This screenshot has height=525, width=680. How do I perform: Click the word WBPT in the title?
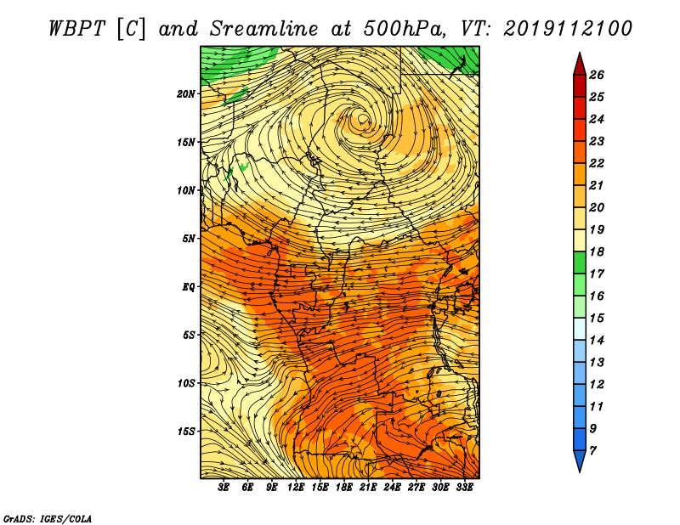click(x=76, y=28)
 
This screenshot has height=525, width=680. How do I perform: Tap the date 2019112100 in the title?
click(x=568, y=28)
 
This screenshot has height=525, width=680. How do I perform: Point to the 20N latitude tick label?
click(x=186, y=93)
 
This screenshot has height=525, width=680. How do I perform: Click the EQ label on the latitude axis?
click(x=188, y=286)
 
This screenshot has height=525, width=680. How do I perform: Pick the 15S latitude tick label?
click(x=186, y=432)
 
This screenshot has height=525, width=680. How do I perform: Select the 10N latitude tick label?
click(x=186, y=190)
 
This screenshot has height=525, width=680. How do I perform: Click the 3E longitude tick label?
click(x=224, y=488)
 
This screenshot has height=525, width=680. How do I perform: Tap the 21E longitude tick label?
click(x=368, y=488)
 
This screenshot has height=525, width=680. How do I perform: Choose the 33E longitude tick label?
click(x=464, y=488)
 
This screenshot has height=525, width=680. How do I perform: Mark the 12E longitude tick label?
click(x=296, y=488)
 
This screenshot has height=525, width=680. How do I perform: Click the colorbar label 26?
click(x=597, y=75)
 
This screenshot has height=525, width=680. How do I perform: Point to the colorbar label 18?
click(x=597, y=251)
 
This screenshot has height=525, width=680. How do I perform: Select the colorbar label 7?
click(x=592, y=451)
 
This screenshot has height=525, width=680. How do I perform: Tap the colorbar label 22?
click(x=597, y=163)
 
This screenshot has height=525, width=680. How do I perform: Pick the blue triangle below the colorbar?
click(x=580, y=460)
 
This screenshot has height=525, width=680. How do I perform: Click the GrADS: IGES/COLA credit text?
click(x=48, y=518)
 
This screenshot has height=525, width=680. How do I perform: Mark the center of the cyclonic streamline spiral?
click(x=363, y=118)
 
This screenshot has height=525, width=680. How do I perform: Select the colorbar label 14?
click(x=597, y=341)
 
